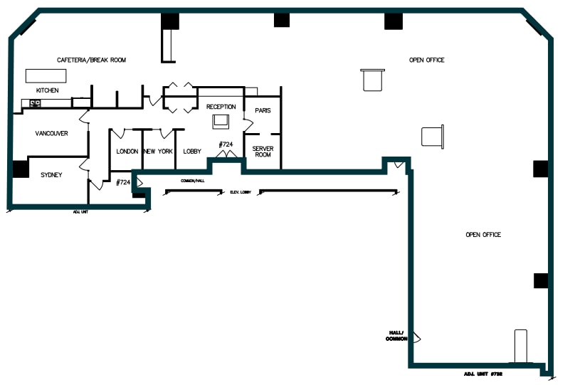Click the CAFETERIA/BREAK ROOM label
pos(91,60)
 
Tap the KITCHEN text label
pos(48,91)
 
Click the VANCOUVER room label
pos(52,133)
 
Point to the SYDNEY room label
pos(52,174)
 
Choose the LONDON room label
pos(127,152)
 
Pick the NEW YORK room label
pos(158,152)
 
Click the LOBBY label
pos(192,152)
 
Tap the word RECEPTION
pos(221,107)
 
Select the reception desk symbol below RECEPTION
pos(221,122)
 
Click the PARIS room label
pos(263,110)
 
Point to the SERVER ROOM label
pos(263,152)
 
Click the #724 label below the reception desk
pos(226,144)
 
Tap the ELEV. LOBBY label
pos(241,192)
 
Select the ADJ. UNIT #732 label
pos(483,374)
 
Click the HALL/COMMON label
pos(395,336)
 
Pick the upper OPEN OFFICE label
pos(426,60)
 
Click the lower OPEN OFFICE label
pos(483,235)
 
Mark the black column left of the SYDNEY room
pos(19,169)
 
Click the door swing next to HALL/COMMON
pos(416,337)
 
